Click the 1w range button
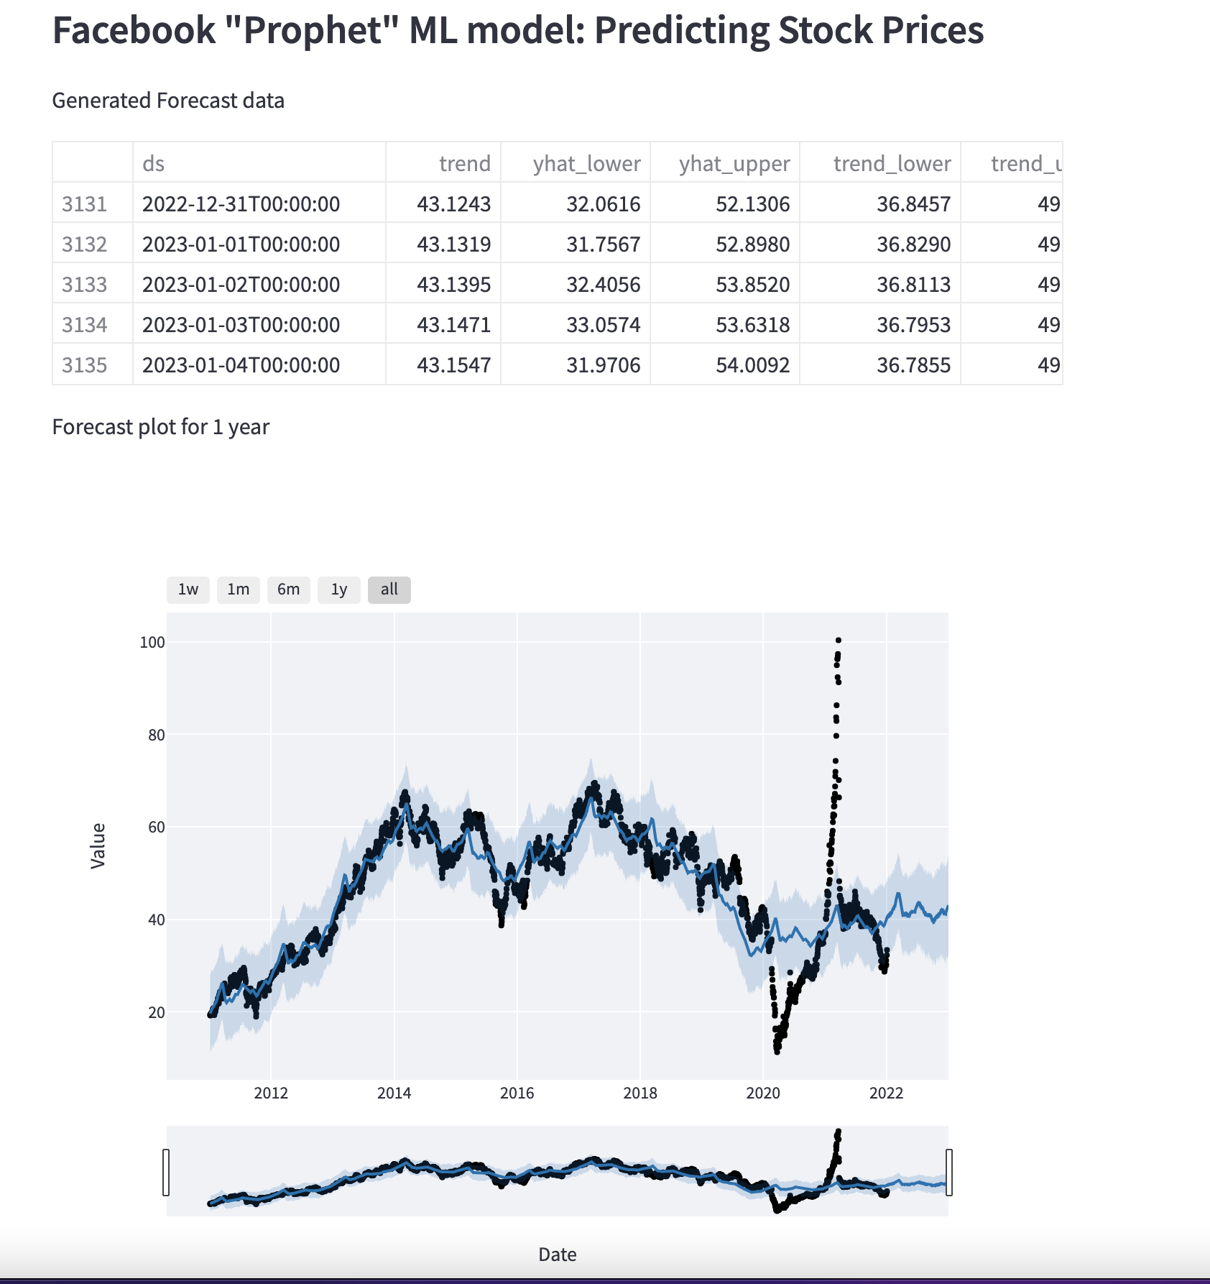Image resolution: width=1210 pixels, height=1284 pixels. (x=188, y=590)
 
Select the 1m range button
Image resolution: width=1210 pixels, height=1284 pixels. (x=239, y=590)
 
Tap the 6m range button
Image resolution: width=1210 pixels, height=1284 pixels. (x=289, y=590)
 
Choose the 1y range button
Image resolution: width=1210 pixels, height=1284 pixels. (x=339, y=590)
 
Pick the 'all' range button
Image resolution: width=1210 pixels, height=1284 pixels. (x=389, y=590)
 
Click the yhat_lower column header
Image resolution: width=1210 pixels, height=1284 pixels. (x=586, y=164)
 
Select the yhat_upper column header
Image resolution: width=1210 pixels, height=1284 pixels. (x=734, y=164)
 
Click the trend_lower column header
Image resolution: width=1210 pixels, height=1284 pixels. (x=892, y=164)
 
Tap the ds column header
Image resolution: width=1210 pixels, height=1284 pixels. (x=154, y=164)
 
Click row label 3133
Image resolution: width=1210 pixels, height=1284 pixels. (x=85, y=285)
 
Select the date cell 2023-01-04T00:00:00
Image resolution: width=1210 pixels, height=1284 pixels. (x=241, y=365)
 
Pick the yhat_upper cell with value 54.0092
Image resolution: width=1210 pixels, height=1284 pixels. (x=752, y=365)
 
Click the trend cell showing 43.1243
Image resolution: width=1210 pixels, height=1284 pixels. (x=454, y=204)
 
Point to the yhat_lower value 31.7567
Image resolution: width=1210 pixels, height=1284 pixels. (x=603, y=244)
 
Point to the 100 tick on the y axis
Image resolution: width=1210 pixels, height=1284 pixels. (x=152, y=642)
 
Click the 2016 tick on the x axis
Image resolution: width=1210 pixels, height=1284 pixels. (x=517, y=1093)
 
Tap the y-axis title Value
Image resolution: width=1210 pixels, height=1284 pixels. (x=98, y=846)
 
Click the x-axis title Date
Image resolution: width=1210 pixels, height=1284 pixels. (x=558, y=1255)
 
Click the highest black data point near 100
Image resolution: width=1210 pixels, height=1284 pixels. (x=839, y=640)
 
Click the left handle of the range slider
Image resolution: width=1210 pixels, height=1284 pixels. (x=167, y=1173)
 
